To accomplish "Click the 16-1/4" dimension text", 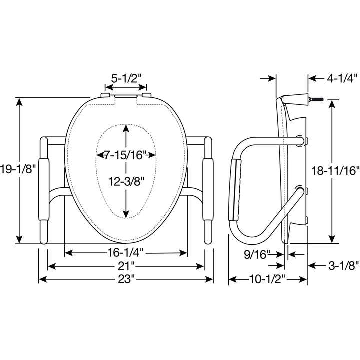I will point(126,252).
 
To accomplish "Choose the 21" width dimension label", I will point(126,265).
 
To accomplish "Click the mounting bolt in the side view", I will point(317,100).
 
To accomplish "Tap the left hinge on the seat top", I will point(105,95).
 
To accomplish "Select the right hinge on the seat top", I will point(145,95).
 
